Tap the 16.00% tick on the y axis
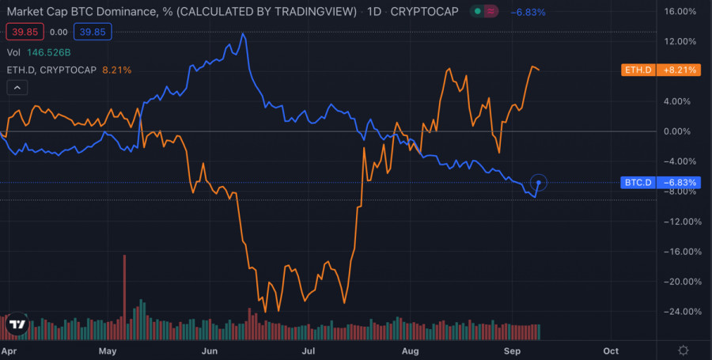680,12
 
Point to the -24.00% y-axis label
680,312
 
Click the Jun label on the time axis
210,350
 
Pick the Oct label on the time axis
611,350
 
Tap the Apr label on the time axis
9,350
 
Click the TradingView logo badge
17,325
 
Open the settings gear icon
684,350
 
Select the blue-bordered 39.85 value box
93,32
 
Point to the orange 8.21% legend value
117,70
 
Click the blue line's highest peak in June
243,34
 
